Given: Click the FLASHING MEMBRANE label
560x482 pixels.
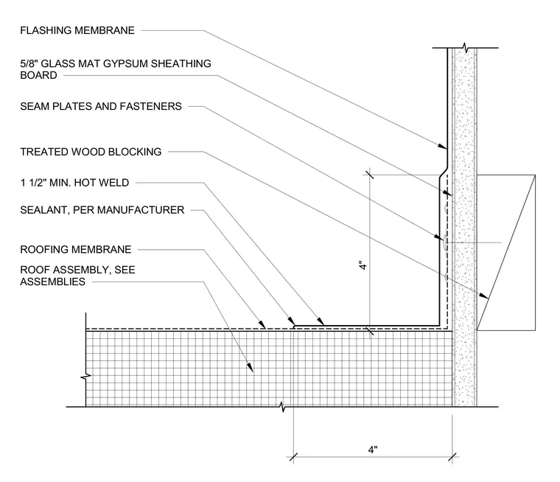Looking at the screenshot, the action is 77,30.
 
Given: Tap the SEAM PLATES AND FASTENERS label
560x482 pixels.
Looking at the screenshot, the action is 101,106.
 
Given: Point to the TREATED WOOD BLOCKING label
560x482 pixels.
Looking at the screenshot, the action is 91,152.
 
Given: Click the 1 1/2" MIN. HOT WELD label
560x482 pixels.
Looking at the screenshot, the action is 74,183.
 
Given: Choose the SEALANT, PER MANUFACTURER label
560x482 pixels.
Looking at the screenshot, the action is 102,210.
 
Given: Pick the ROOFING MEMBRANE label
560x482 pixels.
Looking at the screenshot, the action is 76,249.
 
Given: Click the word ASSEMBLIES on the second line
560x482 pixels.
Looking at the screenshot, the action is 52,282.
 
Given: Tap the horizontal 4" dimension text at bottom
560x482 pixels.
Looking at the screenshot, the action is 373,450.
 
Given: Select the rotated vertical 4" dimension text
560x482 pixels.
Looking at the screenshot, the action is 363,266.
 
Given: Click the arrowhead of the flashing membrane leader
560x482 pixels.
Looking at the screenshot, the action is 442,146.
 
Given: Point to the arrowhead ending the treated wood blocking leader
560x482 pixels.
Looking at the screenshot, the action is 483,296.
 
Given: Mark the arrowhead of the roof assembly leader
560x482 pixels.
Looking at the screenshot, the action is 250,367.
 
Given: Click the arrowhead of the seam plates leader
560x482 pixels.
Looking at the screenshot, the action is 438,237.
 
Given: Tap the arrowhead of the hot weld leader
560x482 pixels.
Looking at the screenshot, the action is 321,321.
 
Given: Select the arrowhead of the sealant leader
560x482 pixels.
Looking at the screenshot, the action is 291,320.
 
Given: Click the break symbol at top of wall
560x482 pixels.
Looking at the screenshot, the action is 465,47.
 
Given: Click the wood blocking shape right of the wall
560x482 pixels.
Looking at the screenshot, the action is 506,253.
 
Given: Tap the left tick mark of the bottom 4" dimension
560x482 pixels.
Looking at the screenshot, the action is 293,457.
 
